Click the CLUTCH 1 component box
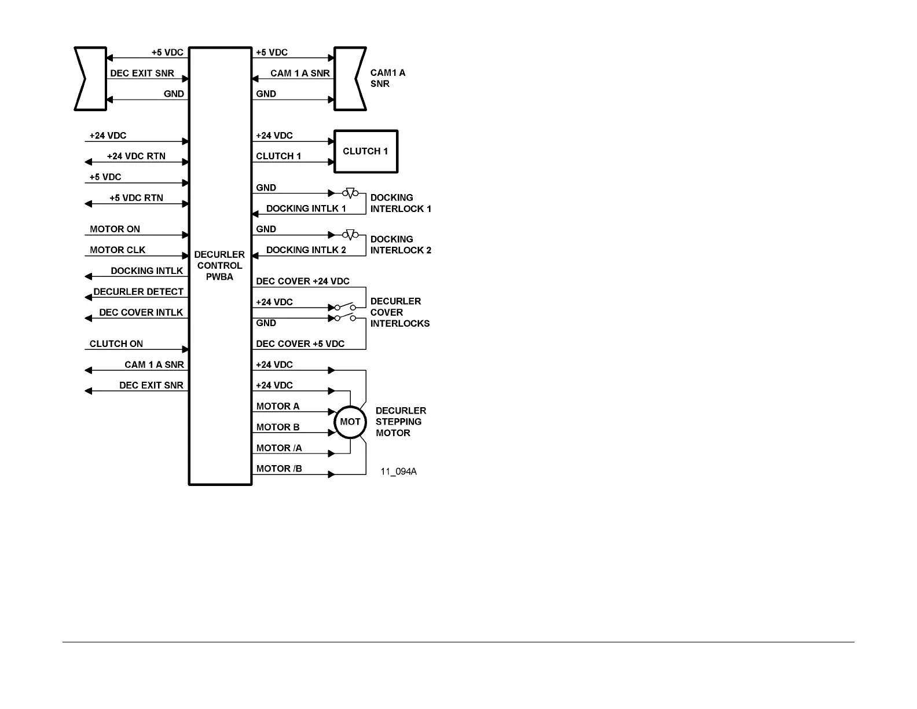tap(366, 151)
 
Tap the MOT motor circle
tap(350, 422)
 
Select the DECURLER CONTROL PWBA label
tap(219, 265)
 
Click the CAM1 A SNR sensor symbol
tap(350, 79)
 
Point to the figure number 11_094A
tap(398, 472)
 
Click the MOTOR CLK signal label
tap(118, 250)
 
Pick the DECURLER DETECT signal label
tap(138, 291)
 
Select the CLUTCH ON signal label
tap(116, 343)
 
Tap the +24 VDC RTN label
tap(136, 156)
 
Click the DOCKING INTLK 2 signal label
tap(306, 250)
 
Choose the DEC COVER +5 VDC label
tap(300, 343)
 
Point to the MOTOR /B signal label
tap(279, 469)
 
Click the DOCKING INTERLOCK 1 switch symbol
tap(350, 193)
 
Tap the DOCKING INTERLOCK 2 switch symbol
tap(350, 235)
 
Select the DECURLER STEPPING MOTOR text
tap(401, 422)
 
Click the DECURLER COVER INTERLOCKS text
tap(399, 312)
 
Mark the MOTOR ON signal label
tap(115, 229)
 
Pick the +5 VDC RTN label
tap(136, 198)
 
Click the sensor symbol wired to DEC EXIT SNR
tap(91, 79)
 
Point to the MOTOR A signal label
tap(278, 406)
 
